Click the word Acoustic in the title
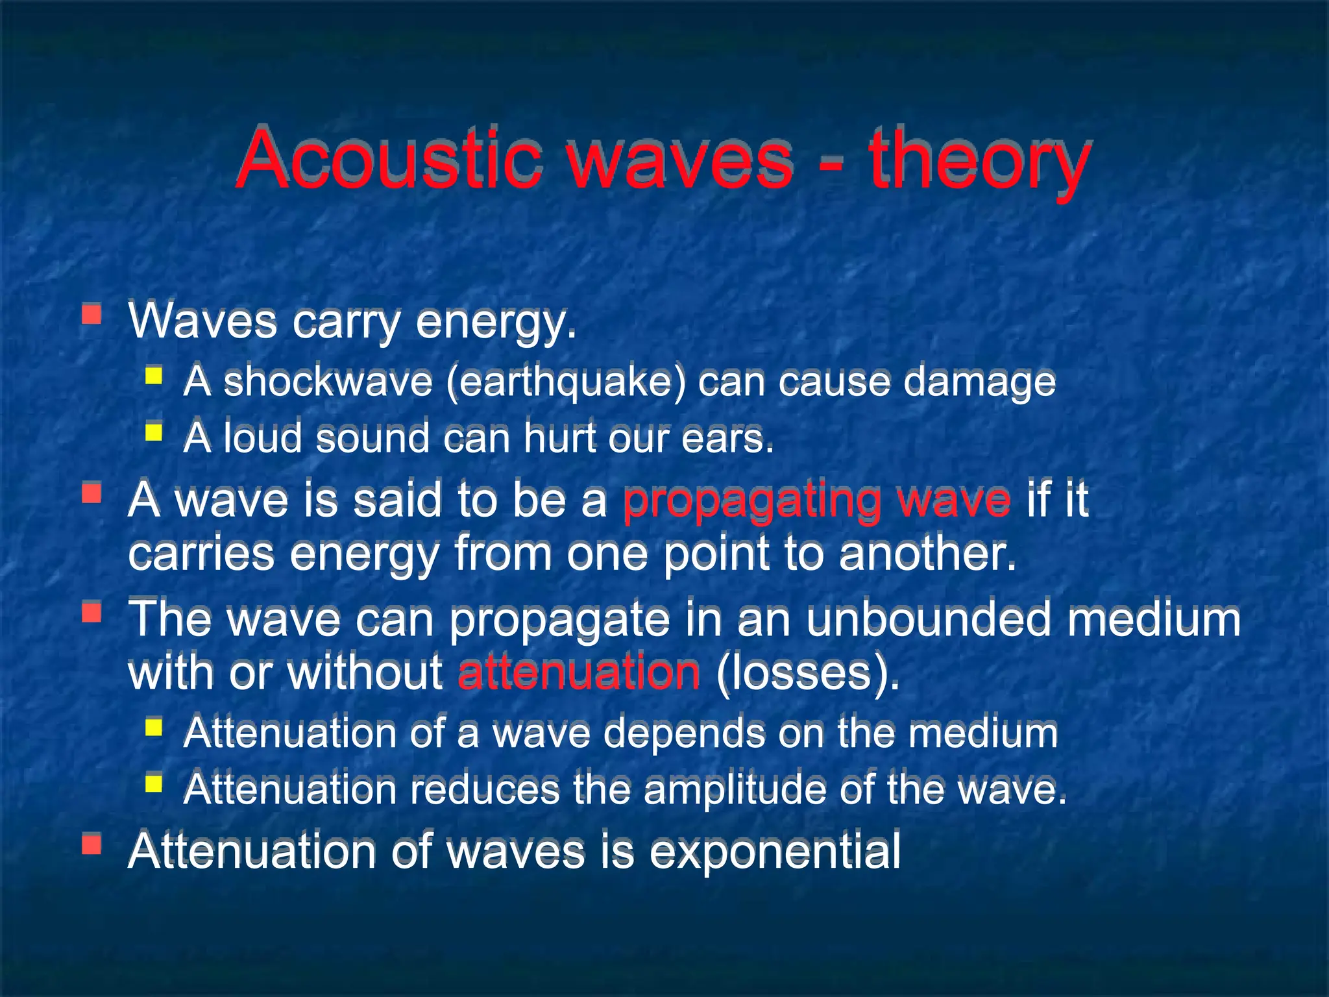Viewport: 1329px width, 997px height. tap(388, 159)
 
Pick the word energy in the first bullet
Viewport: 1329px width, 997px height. tap(495, 323)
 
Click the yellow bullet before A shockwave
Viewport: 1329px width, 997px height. tap(153, 376)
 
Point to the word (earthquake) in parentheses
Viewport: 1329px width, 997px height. tap(565, 382)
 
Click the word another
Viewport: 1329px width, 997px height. tap(927, 554)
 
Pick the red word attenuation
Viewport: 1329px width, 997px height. tap(579, 673)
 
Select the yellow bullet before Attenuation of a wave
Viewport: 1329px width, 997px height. tap(153, 727)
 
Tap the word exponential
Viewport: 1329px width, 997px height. tap(775, 851)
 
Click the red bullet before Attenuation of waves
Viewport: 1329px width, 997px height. tap(91, 844)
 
